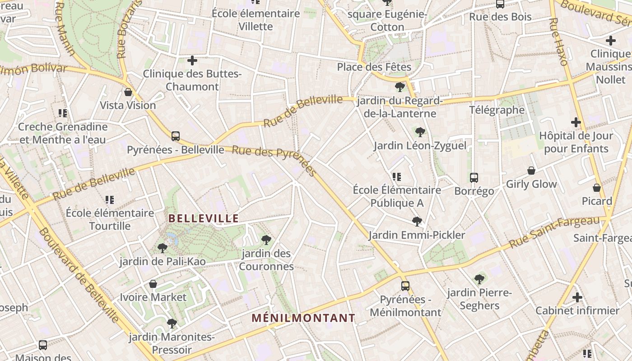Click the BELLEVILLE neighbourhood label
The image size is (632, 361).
204,218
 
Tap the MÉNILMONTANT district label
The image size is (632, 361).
303,318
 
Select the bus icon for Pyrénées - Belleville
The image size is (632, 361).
175,136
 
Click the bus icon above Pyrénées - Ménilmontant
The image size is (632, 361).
405,286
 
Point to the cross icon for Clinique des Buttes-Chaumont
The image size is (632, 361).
192,60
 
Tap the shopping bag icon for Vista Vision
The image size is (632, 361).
128,92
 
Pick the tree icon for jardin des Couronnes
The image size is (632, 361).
266,240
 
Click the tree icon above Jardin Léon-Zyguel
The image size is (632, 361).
420,132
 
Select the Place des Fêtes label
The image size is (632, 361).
374,67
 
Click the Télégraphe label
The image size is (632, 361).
497,110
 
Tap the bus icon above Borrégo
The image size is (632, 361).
474,177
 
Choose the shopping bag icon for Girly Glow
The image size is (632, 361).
531,171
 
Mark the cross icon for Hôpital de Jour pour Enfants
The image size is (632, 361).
576,122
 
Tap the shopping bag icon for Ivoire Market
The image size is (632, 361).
153,284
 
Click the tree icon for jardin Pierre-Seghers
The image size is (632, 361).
479,279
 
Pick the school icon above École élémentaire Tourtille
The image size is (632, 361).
110,199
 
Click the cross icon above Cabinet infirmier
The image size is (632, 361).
577,297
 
